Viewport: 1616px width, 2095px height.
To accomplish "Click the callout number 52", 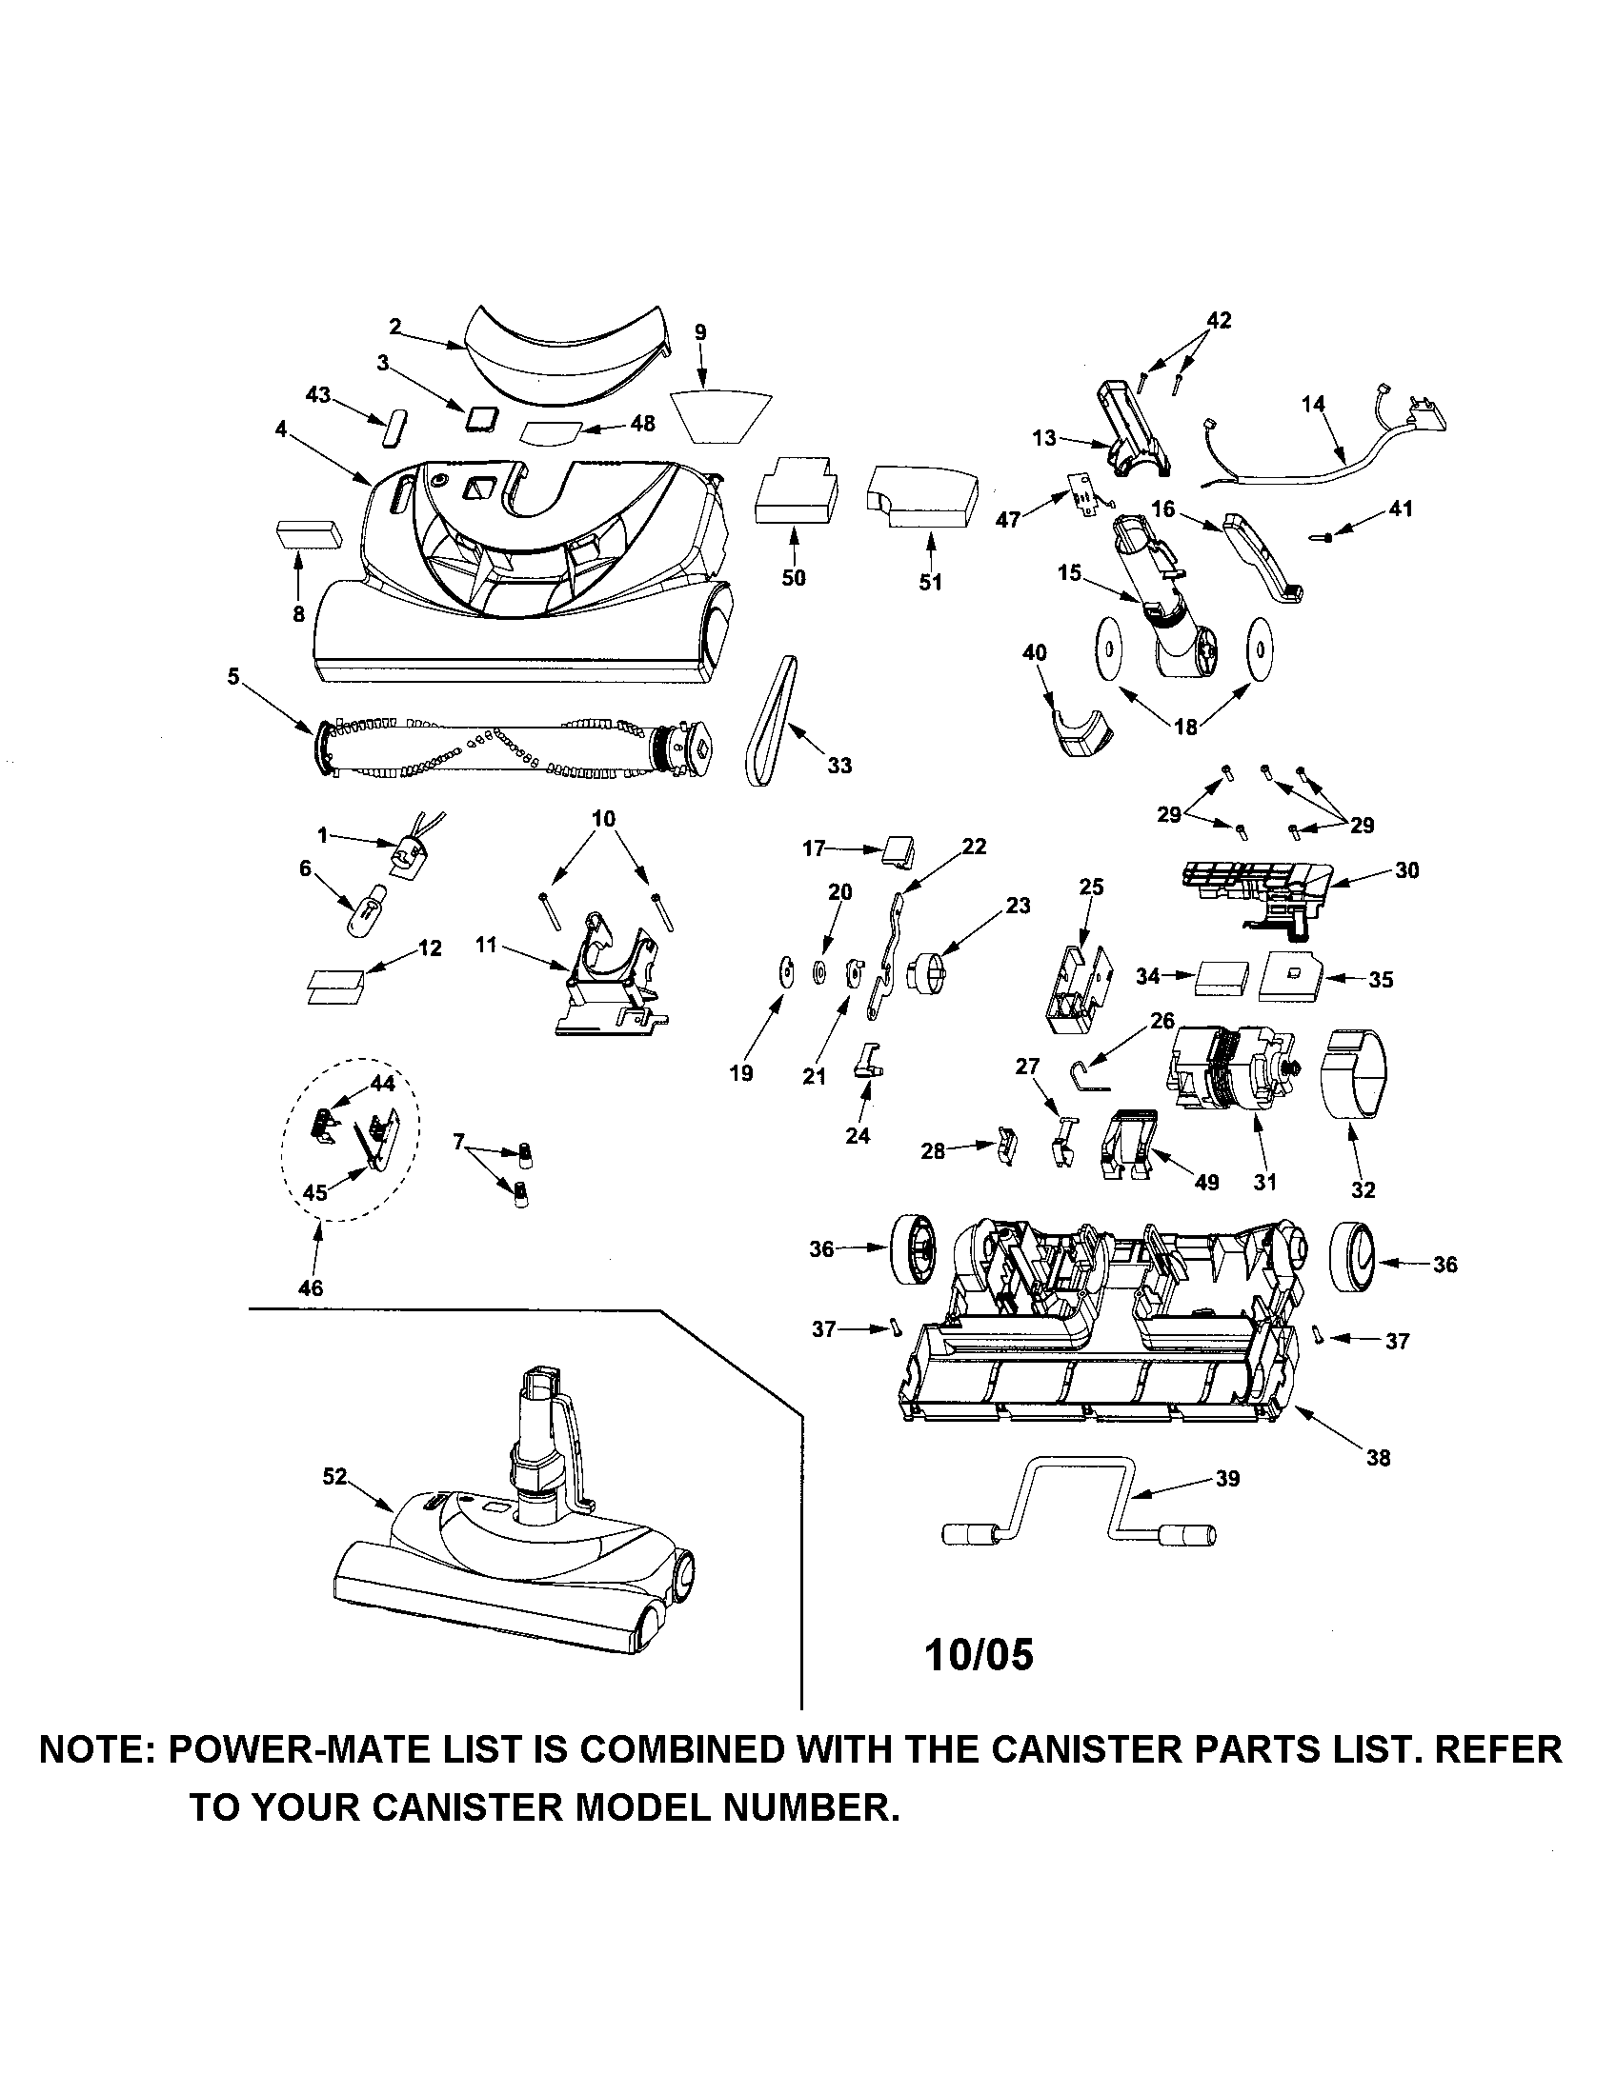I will (x=333, y=1477).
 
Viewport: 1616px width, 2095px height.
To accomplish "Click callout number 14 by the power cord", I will (x=1313, y=404).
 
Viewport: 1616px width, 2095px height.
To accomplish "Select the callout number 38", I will (x=1378, y=1458).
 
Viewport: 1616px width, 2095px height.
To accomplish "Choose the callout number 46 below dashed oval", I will (x=311, y=1288).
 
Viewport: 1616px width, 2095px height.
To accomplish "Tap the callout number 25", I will (x=1092, y=887).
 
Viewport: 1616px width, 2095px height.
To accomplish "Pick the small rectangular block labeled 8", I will (x=309, y=533).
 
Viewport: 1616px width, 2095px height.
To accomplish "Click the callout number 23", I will (x=1018, y=905).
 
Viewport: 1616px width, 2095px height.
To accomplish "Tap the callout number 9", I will (x=700, y=332).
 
